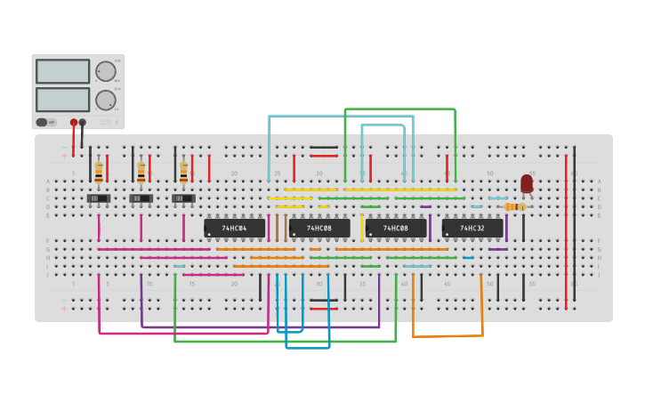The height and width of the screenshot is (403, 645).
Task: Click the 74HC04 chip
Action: pyautogui.click(x=235, y=229)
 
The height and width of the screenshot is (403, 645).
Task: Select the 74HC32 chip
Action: pyautogui.click(x=472, y=229)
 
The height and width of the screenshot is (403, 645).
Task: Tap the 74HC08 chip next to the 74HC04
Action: pyautogui.click(x=319, y=229)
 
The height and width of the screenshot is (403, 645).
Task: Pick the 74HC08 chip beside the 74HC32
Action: pyautogui.click(x=396, y=229)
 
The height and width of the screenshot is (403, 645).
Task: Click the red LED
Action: pyautogui.click(x=527, y=183)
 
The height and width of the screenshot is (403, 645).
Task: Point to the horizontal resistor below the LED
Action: pyautogui.click(x=514, y=207)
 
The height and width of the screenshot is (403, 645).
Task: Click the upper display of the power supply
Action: pyautogui.click(x=62, y=71)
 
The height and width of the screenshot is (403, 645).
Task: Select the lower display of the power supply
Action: pyautogui.click(x=62, y=99)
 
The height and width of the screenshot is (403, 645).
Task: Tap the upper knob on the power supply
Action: pyautogui.click(x=106, y=72)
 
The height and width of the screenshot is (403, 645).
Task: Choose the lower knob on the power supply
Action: pyautogui.click(x=106, y=100)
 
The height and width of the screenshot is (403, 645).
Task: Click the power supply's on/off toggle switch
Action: pyautogui.click(x=43, y=122)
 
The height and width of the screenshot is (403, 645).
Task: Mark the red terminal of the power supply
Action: pyautogui.click(x=74, y=123)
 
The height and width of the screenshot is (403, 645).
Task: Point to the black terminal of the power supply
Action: pyautogui.click(x=83, y=123)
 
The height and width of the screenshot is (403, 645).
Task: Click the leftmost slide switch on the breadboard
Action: pyautogui.click(x=98, y=198)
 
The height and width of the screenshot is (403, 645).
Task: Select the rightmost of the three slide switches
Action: pyautogui.click(x=183, y=198)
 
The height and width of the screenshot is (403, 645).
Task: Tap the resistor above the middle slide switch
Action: pyautogui.click(x=141, y=171)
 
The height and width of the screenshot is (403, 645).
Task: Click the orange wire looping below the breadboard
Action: pyautogui.click(x=447, y=336)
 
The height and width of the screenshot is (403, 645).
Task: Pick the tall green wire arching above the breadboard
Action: pyautogui.click(x=400, y=109)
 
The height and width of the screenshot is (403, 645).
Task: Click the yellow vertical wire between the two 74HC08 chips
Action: pyautogui.click(x=362, y=228)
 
